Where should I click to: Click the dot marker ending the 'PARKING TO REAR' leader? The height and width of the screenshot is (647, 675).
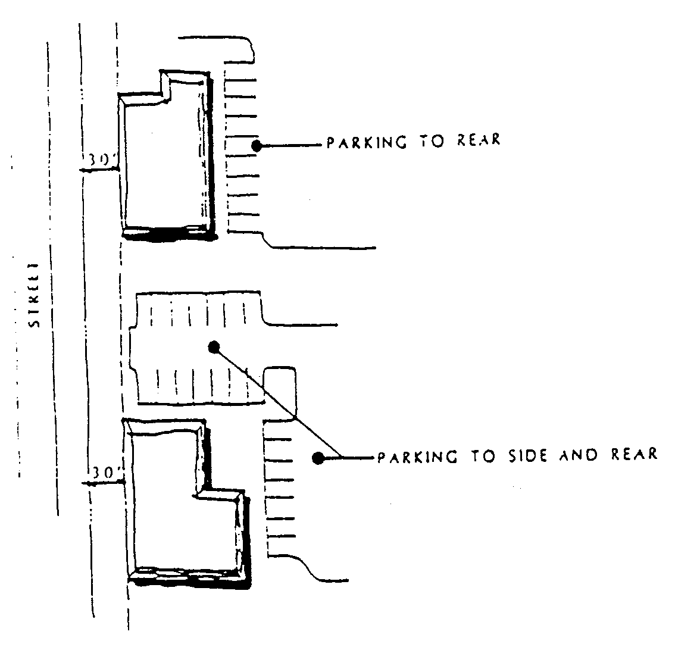pyautogui.click(x=257, y=145)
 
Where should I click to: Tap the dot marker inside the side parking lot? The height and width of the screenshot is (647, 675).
pyautogui.click(x=214, y=346)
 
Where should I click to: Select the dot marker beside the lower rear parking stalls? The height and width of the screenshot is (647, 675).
pyautogui.click(x=318, y=458)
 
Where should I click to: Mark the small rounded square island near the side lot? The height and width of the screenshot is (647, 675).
pyautogui.click(x=280, y=384)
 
